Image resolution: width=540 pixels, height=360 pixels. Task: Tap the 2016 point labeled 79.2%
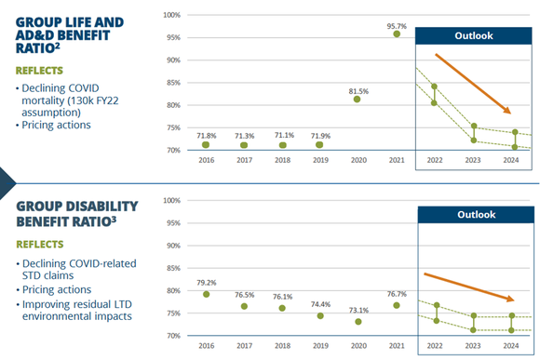206,294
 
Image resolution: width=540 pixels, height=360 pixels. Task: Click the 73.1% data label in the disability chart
358,310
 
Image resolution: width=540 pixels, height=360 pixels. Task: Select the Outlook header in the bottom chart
475,215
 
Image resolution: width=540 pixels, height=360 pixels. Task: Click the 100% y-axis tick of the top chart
171,15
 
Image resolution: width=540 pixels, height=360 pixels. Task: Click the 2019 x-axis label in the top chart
320,159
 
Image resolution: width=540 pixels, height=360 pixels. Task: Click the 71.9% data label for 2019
320,135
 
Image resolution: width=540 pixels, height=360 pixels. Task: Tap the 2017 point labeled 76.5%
244,306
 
